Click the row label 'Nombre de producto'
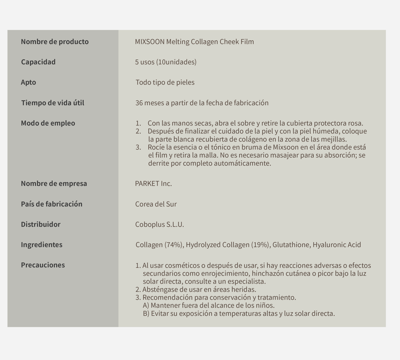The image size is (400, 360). click(54, 41)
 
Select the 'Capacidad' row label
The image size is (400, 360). click(38, 62)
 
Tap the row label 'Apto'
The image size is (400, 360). click(28, 82)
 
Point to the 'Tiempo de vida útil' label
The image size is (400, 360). click(52, 103)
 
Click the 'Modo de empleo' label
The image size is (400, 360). click(48, 123)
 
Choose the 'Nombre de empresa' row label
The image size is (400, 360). click(53, 183)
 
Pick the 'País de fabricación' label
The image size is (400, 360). click(51, 204)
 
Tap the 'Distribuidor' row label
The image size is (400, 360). click(40, 224)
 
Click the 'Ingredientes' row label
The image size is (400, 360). click(41, 245)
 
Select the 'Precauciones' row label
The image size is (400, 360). click(42, 265)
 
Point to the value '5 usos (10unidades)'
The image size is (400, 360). click(165, 62)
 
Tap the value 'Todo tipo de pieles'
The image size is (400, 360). click(165, 82)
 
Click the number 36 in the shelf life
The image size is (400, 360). click(139, 103)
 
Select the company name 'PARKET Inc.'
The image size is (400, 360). click(153, 183)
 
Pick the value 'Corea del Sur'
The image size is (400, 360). click(156, 204)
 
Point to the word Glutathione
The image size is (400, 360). click(292, 245)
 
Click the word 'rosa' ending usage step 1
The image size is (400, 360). click(355, 123)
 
